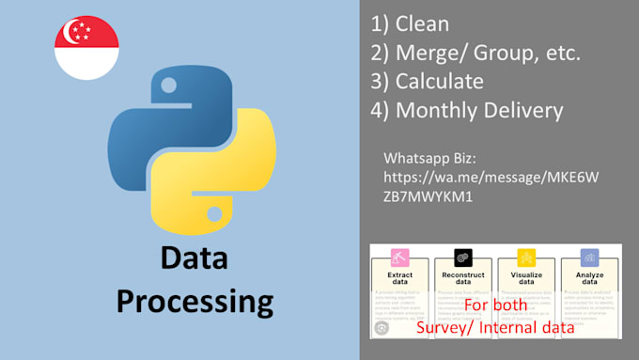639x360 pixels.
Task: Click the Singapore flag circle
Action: pyautogui.click(x=86, y=47)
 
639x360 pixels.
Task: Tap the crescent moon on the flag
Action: pyautogui.click(x=71, y=34)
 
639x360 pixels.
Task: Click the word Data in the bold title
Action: pyautogui.click(x=193, y=258)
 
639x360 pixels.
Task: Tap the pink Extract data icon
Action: pyautogui.click(x=398, y=256)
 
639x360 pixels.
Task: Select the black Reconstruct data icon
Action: pyautogui.click(x=461, y=256)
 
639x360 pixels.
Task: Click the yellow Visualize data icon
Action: pyautogui.click(x=526, y=256)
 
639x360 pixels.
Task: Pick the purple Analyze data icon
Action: pyautogui.click(x=589, y=256)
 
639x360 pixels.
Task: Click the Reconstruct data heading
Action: pyautogui.click(x=461, y=279)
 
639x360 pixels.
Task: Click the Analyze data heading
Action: pyautogui.click(x=589, y=279)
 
